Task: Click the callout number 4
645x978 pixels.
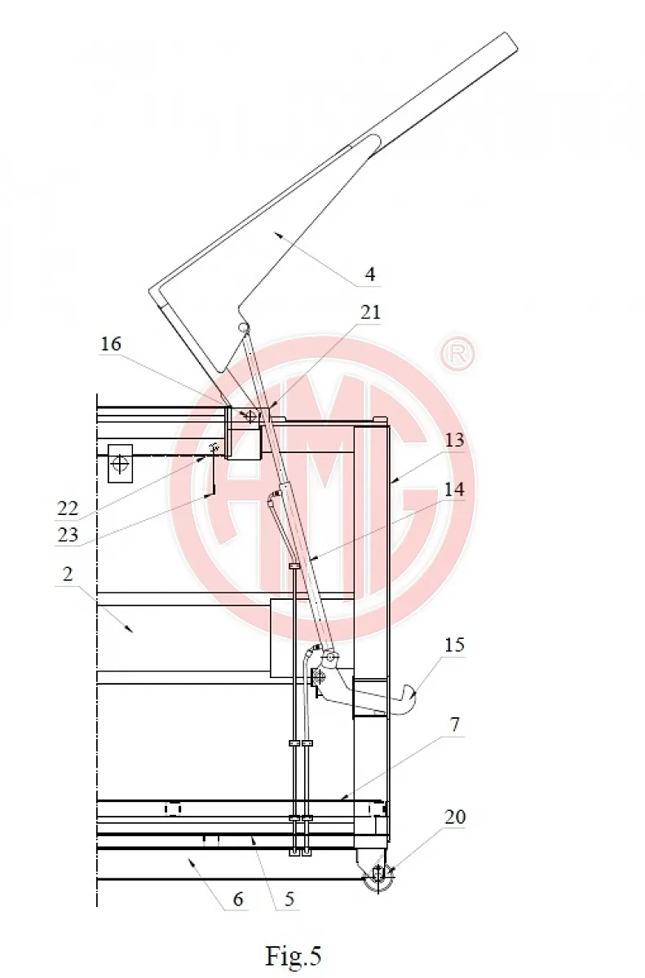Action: click(370, 274)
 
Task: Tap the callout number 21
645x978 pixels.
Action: click(370, 312)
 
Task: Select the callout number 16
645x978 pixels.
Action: click(110, 344)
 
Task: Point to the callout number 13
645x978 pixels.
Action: click(454, 439)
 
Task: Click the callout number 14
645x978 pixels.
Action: click(454, 489)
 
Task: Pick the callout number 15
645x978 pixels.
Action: click(454, 645)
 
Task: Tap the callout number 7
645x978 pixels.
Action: click(455, 725)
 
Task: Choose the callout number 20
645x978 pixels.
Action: click(455, 817)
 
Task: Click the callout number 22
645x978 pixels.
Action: click(68, 509)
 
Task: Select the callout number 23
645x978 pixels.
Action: click(68, 535)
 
